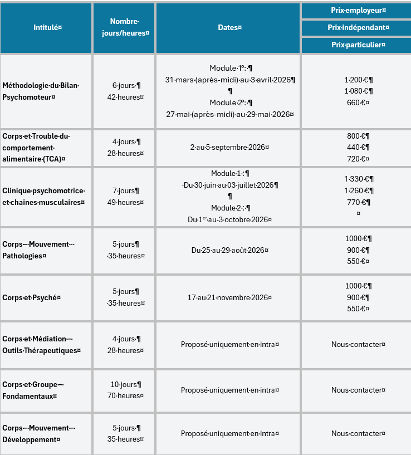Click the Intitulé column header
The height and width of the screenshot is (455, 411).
point(46,27)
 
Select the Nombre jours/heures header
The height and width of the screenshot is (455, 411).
point(124,27)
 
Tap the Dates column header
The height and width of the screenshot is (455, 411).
point(228,27)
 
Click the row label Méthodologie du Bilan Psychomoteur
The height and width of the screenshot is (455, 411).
point(41,91)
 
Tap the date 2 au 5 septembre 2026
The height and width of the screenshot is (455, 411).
point(229,148)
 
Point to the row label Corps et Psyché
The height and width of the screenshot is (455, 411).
point(31,297)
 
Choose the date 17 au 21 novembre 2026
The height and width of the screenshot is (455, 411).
point(229,297)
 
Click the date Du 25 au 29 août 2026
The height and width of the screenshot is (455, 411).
point(229,250)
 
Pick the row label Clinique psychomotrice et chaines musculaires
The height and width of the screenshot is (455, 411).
point(43,197)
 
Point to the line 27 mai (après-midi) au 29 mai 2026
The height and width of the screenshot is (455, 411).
point(229,114)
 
